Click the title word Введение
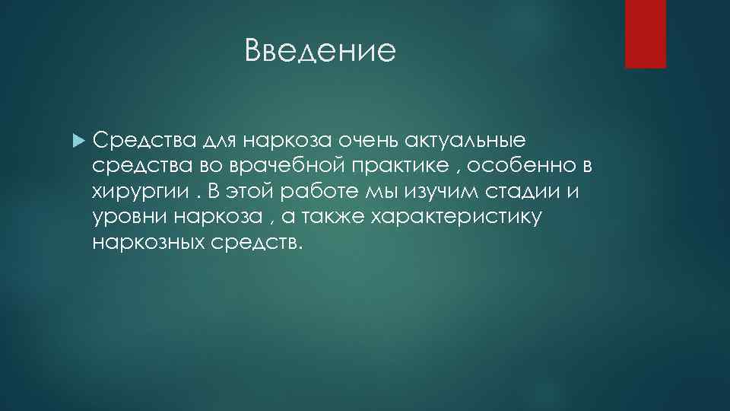point(321,52)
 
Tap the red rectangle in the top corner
point(645,33)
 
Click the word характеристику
point(456,217)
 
